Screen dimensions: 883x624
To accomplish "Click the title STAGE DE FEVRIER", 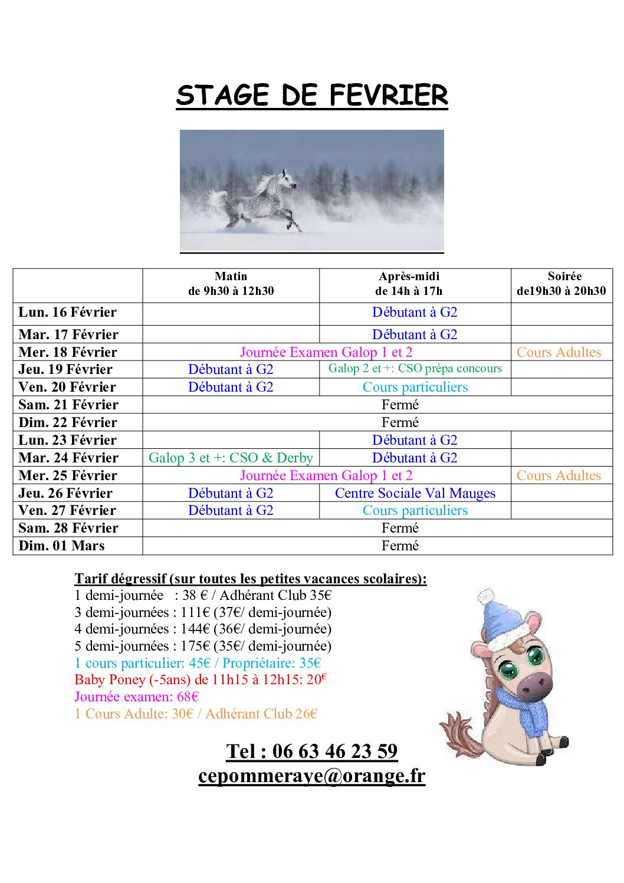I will [x=311, y=96].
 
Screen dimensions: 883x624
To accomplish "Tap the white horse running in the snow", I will [x=260, y=199].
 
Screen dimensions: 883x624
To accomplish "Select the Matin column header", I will [x=231, y=284].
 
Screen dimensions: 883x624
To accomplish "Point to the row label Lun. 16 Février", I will [x=68, y=313].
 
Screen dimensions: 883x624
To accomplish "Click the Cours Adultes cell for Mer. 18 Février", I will [x=559, y=353].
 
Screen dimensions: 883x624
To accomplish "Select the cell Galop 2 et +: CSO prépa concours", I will [x=415, y=369].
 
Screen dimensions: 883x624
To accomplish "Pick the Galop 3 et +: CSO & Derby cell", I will [x=231, y=458].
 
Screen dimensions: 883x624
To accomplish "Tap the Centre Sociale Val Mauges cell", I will [x=415, y=493].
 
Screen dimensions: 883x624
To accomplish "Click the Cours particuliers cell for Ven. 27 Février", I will [x=415, y=511].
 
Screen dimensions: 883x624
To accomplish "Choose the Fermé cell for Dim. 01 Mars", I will [x=400, y=546].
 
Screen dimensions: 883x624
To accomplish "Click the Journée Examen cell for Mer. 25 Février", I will [x=326, y=476].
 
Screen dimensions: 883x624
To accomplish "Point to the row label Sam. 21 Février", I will [x=68, y=405].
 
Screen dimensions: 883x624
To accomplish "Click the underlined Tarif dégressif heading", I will [x=250, y=579].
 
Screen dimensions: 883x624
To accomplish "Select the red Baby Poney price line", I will [x=201, y=680].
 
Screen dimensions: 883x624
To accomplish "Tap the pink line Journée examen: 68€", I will [x=137, y=697].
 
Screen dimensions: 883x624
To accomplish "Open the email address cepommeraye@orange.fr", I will [x=311, y=776].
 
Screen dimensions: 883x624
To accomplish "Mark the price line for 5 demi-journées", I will [x=203, y=646].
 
